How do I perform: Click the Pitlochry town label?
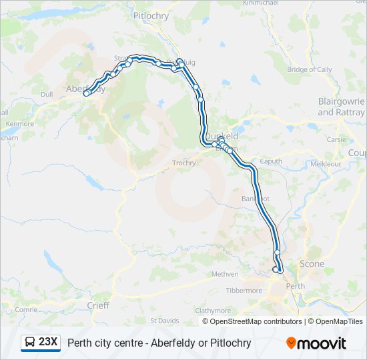[151, 15]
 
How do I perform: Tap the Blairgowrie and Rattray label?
[341, 107]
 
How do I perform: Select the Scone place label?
[312, 263]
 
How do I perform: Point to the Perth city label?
[295, 286]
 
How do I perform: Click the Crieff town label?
[98, 305]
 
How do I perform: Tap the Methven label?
[224, 274]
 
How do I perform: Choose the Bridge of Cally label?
[309, 69]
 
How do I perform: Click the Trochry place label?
[184, 163]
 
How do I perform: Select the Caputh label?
[271, 161]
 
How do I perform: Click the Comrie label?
[26, 309]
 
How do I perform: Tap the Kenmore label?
[19, 124]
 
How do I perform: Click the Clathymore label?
[213, 311]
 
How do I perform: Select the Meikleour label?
[326, 163]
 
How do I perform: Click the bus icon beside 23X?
[30, 343]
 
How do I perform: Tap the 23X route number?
[48, 343]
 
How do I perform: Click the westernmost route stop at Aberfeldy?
[85, 94]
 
